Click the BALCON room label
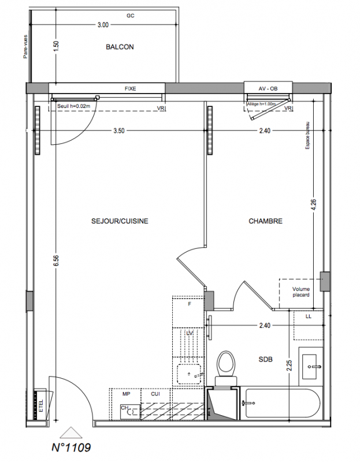pyautogui.click(x=120, y=47)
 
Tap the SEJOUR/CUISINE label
pyautogui.click(x=120, y=221)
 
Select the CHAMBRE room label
pyautogui.click(x=265, y=221)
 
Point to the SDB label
pyautogui.click(x=265, y=359)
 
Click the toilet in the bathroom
pyautogui.click(x=226, y=368)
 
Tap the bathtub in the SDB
pyautogui.click(x=283, y=403)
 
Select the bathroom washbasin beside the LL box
pyautogui.click(x=311, y=367)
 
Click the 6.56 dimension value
pyautogui.click(x=56, y=260)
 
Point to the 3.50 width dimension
pyautogui.click(x=119, y=131)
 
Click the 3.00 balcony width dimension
pyautogui.click(x=103, y=25)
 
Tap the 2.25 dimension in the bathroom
pyautogui.click(x=290, y=366)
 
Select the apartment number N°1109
pyautogui.click(x=71, y=447)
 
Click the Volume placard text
pyautogui.click(x=301, y=292)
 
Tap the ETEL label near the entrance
pyautogui.click(x=41, y=406)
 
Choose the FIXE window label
pyautogui.click(x=131, y=88)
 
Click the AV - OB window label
pyautogui.click(x=268, y=88)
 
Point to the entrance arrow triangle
pyautogui.click(x=70, y=433)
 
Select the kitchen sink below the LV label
pyautogui.click(x=189, y=374)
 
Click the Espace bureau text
pyautogui.click(x=307, y=136)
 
